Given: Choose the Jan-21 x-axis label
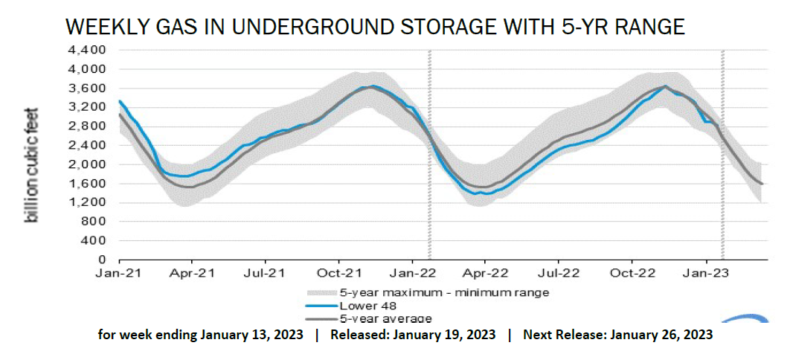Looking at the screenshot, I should (x=119, y=274).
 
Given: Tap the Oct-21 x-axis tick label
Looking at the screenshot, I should (x=339, y=274).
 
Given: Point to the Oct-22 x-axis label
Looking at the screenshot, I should (x=632, y=274).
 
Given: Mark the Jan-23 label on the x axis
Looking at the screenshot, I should (x=705, y=274).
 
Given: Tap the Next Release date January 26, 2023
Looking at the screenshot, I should (x=661, y=335).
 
